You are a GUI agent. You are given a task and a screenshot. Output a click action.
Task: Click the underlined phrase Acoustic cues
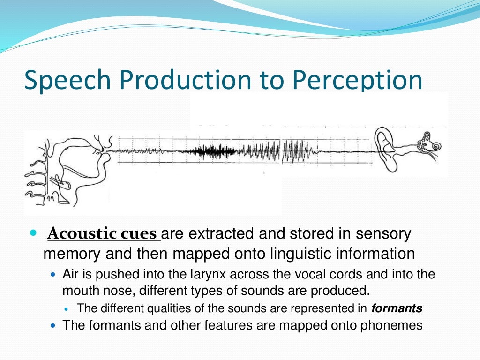click(103, 233)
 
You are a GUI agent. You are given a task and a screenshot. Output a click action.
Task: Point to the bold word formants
click(397, 308)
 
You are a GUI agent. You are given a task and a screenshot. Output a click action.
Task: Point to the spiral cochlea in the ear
click(435, 146)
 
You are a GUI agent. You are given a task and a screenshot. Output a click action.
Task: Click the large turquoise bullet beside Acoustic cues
click(32, 233)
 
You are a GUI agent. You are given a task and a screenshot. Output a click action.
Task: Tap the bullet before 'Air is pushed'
click(52, 274)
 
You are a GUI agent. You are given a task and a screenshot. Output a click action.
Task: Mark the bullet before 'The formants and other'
click(52, 325)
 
